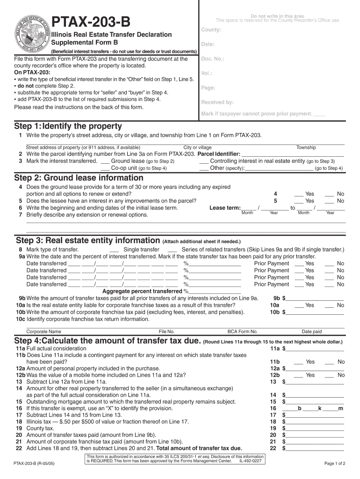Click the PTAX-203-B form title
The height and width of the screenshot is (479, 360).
click(91, 22)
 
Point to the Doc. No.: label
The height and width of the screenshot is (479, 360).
click(212, 59)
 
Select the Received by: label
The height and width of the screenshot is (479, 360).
click(217, 102)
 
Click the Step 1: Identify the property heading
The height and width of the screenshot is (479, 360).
click(68, 126)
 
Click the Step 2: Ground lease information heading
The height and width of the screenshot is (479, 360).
click(79, 178)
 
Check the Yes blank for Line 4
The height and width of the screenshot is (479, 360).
click(299, 194)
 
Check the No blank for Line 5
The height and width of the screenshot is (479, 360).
click(330, 201)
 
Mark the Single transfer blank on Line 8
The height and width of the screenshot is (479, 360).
click(115, 250)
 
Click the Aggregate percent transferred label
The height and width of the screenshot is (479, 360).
click(139, 291)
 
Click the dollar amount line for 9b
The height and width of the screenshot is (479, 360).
click(315, 299)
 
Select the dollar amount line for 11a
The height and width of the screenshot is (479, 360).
click(315, 349)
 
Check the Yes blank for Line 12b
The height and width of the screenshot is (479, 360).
click(299, 376)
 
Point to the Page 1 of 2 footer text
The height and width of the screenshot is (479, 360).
click(334, 464)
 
